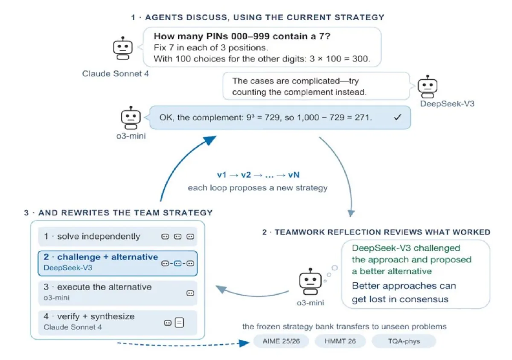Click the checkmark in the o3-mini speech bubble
[398, 117]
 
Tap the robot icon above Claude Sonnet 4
[123, 48]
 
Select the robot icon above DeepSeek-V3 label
[428, 87]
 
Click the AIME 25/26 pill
[281, 341]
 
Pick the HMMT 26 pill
[340, 341]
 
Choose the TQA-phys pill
[404, 341]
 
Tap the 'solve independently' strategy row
[117, 236]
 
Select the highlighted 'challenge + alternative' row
[117, 263]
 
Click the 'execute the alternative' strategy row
[117, 293]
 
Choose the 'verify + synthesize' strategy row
[117, 322]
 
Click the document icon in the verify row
[180, 322]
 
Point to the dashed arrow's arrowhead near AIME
[244, 343]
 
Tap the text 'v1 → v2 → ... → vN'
[258, 175]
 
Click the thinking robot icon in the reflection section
[310, 282]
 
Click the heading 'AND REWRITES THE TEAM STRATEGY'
[125, 213]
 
